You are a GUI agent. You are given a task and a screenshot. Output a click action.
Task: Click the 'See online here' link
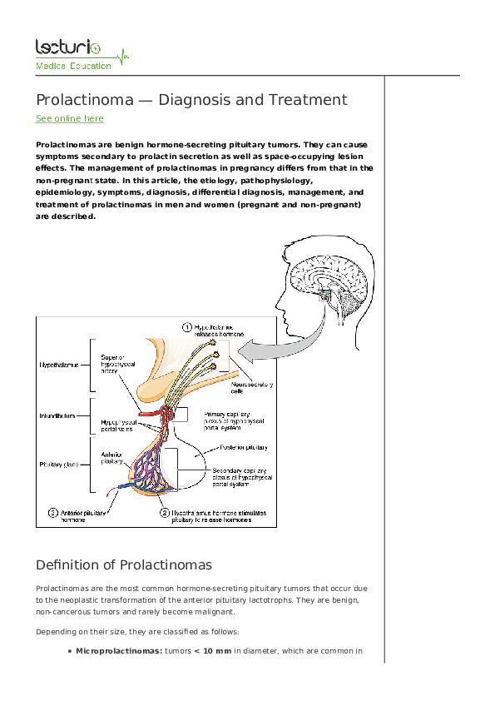(69, 119)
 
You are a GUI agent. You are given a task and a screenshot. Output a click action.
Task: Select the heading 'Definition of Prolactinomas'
(124, 564)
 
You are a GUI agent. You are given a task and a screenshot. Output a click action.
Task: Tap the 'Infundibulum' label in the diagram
(58, 414)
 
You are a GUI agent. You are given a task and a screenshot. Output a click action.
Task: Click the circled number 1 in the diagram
(188, 328)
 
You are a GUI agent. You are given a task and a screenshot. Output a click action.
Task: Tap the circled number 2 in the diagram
(165, 514)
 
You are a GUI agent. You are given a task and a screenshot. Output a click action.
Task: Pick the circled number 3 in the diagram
(52, 514)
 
